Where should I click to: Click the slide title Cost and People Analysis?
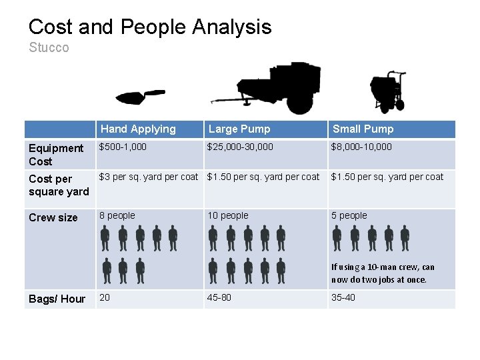tap(150, 27)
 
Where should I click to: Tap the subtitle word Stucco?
tap(49, 48)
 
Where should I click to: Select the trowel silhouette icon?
tap(140, 96)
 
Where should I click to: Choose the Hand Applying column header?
tap(138, 129)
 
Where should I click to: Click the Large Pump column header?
tap(239, 129)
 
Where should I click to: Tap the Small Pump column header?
tap(363, 129)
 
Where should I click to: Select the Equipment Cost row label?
tap(56, 155)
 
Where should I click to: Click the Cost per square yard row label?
tap(59, 185)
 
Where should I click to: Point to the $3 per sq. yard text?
tap(148, 177)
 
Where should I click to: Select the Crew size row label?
tap(53, 218)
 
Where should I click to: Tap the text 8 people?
tap(117, 215)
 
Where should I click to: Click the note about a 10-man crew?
tap(383, 273)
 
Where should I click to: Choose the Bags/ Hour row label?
tap(57, 299)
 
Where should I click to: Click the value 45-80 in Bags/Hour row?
tap(219, 297)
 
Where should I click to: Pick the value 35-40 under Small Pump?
tap(343, 297)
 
